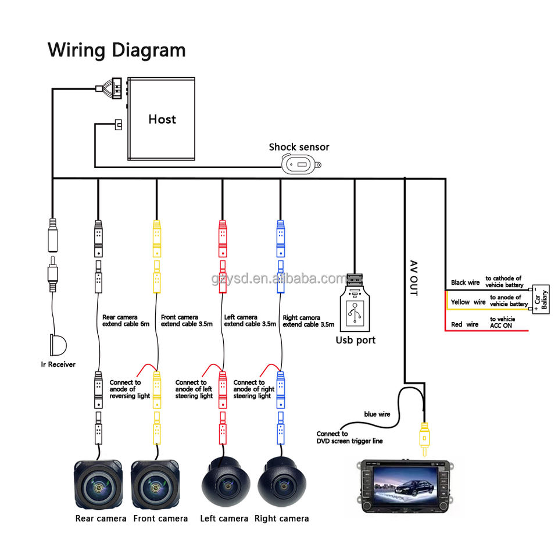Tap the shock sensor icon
point(301,166)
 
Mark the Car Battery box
point(541,301)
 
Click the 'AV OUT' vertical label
point(413,277)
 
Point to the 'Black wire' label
point(465,282)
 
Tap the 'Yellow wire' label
point(468,302)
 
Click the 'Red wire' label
point(464,324)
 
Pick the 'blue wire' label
point(378,414)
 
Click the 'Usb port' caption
point(356,340)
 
